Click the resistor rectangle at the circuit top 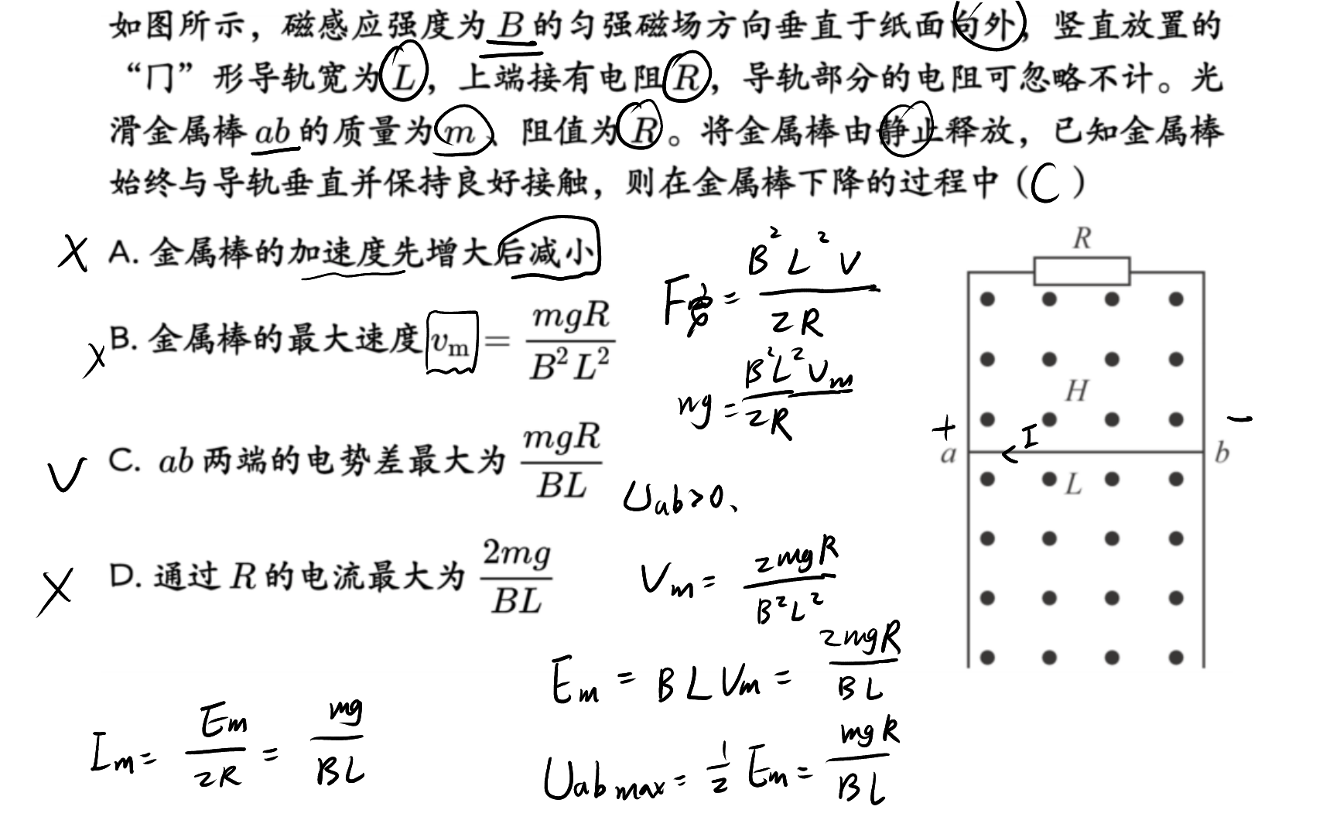pos(1082,272)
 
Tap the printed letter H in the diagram pos(1077,391)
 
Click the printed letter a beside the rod pos(948,455)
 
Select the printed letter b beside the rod pos(1222,453)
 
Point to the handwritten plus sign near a pos(944,428)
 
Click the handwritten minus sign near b pos(1239,419)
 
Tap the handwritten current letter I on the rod pos(1030,439)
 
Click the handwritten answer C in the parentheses pos(1044,183)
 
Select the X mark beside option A pos(73,255)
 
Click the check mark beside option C pos(67,473)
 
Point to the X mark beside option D pos(55,593)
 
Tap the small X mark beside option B pos(94,360)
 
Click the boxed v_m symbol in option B pos(452,343)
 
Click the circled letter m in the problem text pos(463,131)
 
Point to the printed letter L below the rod pos(1073,485)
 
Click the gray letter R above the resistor pos(1082,238)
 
